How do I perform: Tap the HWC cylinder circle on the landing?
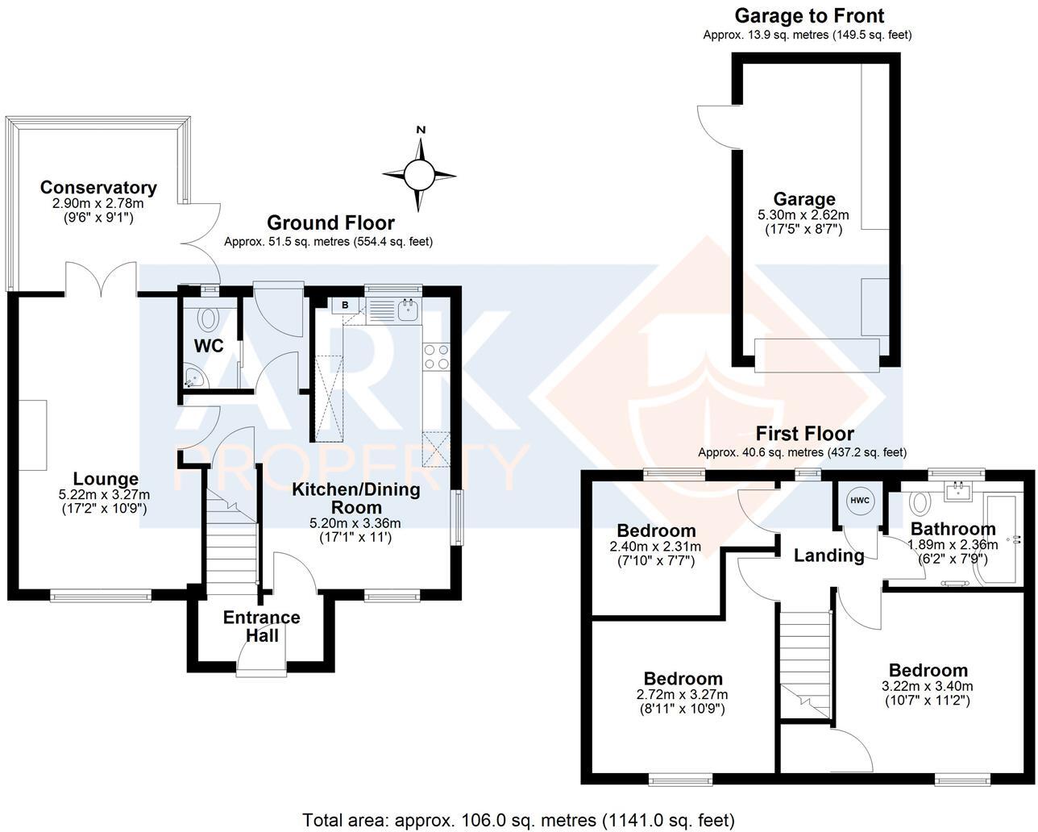click(860, 501)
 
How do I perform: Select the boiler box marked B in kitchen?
click(345, 305)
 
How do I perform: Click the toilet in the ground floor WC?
click(209, 318)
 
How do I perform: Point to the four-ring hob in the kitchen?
click(436, 357)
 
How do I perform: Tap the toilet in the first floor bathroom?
click(918, 503)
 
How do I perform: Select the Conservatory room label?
click(98, 188)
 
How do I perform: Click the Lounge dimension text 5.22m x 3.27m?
click(105, 494)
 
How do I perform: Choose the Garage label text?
click(804, 199)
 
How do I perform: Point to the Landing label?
click(828, 555)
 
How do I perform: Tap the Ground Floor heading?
click(330, 223)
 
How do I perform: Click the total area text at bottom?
click(518, 820)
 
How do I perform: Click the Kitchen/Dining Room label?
click(355, 498)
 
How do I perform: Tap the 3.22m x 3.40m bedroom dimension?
click(928, 686)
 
